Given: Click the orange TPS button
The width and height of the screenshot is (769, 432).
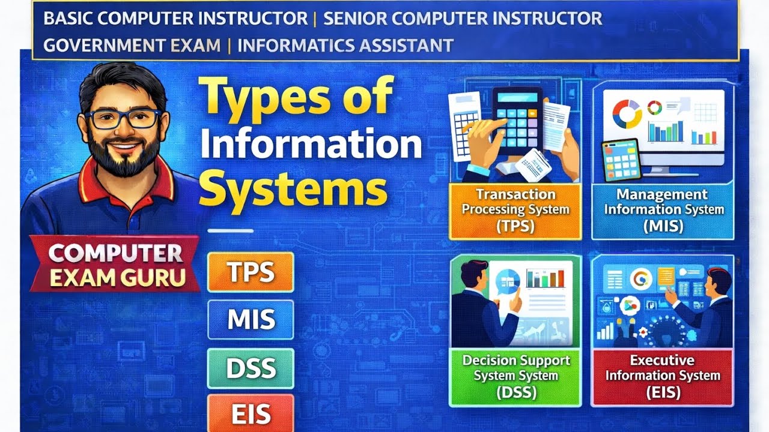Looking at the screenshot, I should [x=251, y=272].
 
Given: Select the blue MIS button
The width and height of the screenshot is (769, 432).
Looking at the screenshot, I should [x=251, y=320].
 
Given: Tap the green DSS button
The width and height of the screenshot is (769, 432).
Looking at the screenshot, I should [x=251, y=368].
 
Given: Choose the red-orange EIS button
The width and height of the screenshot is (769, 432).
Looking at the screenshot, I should [x=251, y=413].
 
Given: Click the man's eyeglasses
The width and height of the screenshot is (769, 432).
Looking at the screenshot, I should [x=123, y=118].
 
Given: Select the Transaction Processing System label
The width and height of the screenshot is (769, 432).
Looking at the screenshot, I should [x=515, y=211].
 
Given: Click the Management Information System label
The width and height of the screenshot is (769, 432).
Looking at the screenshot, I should [x=663, y=211].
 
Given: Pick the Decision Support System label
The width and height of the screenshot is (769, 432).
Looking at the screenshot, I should [x=515, y=376].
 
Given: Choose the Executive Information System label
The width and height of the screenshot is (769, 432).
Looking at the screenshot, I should [x=662, y=376].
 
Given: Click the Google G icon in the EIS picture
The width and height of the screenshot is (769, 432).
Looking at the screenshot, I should [x=641, y=278].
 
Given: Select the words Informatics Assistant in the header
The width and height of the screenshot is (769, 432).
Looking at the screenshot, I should [x=345, y=45].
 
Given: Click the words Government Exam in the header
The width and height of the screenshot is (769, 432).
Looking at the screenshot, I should [x=132, y=45].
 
